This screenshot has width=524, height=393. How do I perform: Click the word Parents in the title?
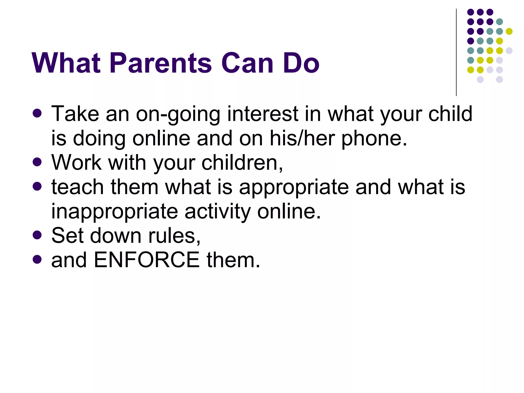(161, 63)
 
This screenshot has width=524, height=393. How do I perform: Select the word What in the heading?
(66, 63)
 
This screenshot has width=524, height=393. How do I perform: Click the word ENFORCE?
(147, 260)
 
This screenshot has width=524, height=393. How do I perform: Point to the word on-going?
(178, 114)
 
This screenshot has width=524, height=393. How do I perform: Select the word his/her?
(302, 138)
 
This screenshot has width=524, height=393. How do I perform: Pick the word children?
(242, 163)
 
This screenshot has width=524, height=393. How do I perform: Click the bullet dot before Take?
(37, 113)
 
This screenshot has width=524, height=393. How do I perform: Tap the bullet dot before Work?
(37, 162)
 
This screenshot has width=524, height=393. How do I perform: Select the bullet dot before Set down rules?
(37, 235)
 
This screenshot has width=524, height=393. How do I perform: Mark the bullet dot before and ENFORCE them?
(37, 259)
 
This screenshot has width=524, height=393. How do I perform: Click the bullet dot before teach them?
(37, 186)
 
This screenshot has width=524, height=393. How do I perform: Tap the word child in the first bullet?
(450, 114)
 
